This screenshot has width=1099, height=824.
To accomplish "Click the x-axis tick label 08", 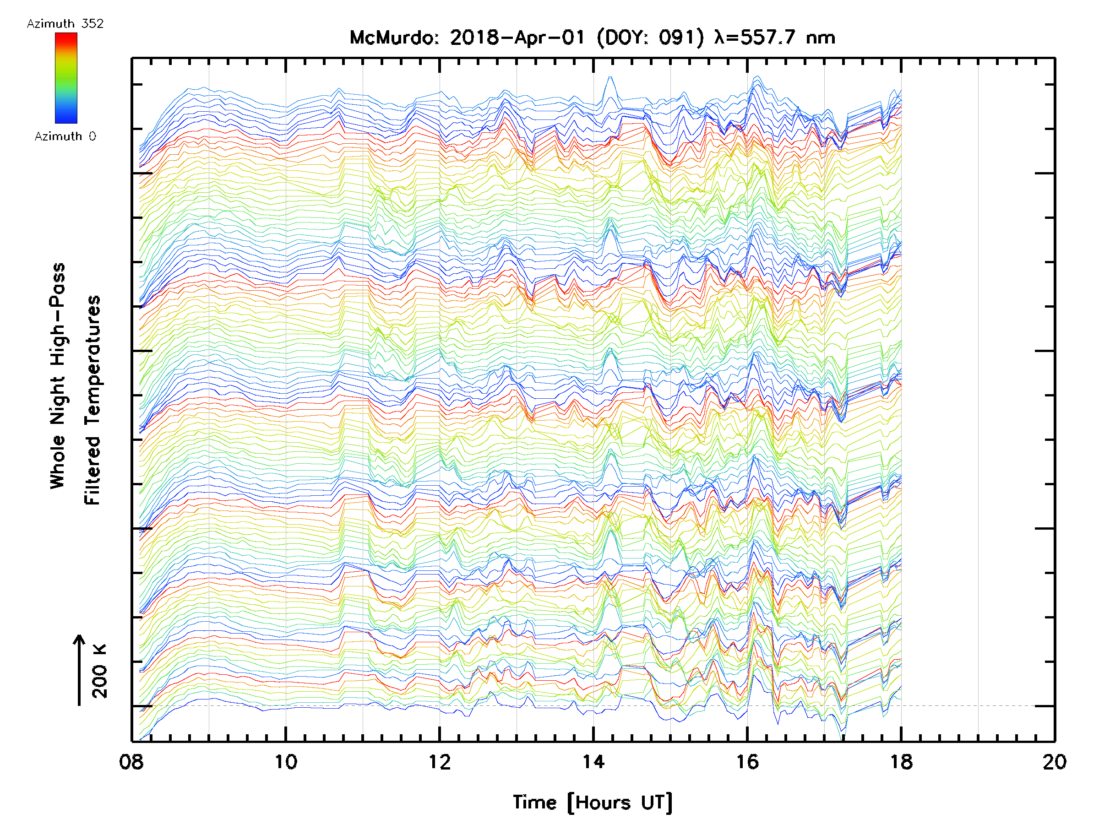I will point(132,762).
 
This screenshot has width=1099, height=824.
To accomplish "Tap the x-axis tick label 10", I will point(286,762).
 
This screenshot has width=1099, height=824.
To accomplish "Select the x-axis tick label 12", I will point(440,762).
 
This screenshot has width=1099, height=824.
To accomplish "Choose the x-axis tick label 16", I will point(747,762).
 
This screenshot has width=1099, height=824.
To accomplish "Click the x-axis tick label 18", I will point(901,762).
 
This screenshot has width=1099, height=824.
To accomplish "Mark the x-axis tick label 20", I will point(1054,762).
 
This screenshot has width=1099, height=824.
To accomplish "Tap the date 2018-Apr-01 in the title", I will point(517,38).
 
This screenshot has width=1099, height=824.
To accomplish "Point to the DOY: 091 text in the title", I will point(650,38).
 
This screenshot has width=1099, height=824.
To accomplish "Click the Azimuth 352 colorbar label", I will point(65,24).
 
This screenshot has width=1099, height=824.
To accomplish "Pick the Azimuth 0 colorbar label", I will point(65,136).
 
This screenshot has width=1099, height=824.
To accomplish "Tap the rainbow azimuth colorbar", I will point(66,78).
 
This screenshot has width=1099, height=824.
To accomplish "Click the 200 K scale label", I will point(99,671).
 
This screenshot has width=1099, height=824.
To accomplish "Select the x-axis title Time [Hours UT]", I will point(593,802).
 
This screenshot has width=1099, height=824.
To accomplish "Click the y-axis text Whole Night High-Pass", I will point(58,376).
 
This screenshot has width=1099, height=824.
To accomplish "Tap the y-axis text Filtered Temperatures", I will point(92,401).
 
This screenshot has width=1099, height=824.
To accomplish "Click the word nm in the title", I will point(821,38).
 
